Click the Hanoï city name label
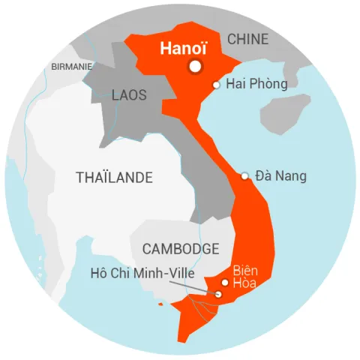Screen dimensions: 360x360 (183, 49)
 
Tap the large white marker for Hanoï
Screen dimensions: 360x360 (196, 67)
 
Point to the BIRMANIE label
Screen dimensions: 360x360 (72, 66)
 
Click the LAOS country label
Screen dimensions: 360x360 (129, 95)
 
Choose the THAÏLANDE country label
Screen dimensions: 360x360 (114, 178)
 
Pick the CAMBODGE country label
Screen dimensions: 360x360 (180, 249)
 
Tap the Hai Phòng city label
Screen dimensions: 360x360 (256, 84)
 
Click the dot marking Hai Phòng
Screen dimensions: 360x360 (216, 85)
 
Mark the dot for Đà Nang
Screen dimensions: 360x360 (244, 176)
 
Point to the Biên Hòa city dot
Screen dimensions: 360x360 (225, 283)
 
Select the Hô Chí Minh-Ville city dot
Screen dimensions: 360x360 (218, 294)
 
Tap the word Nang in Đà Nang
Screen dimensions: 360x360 (292, 176)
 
